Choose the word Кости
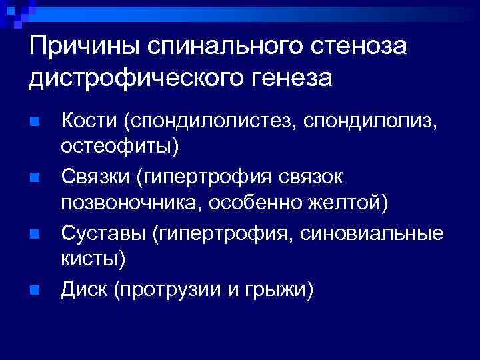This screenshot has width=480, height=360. pos(89,121)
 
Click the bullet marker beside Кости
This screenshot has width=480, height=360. pos(35,122)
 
